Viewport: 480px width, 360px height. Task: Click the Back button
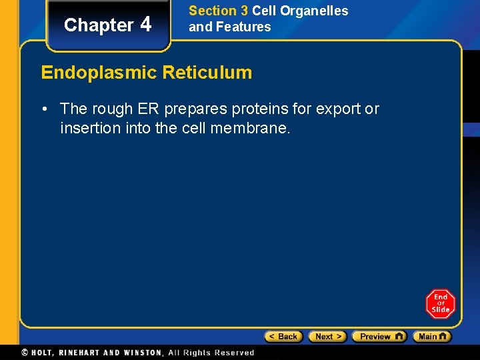[284, 337]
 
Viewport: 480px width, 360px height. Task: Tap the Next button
[328, 337]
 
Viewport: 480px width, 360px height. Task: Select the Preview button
[379, 337]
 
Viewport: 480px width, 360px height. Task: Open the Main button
[432, 337]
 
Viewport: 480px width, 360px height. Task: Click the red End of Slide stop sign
[441, 305]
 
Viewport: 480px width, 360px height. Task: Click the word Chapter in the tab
[99, 25]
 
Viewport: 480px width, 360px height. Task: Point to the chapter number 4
[147, 25]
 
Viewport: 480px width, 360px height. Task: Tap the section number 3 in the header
[243, 11]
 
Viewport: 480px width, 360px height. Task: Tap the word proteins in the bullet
[260, 108]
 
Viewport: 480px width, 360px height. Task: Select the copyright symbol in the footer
[25, 353]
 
